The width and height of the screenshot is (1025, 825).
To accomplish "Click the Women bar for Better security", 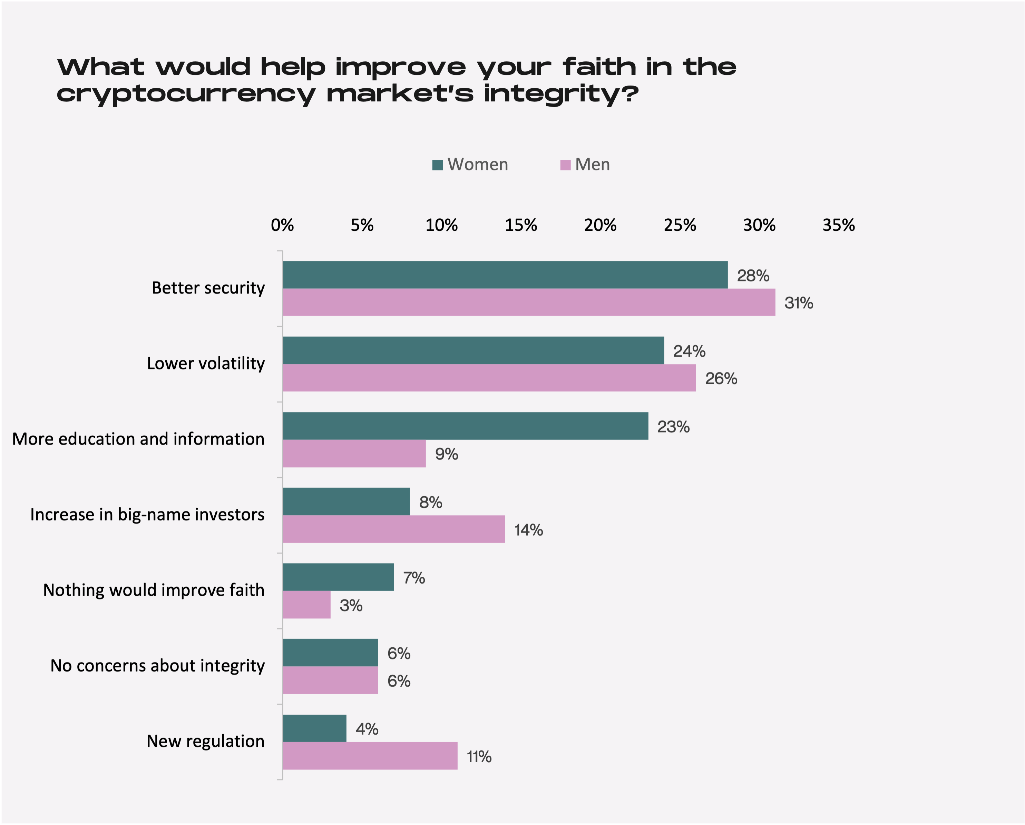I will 505,275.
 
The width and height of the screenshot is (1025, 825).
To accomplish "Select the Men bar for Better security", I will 529,302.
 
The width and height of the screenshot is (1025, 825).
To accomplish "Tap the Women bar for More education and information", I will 466,426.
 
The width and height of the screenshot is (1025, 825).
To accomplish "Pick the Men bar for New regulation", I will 370,756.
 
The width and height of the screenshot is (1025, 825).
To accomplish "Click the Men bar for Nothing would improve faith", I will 307,605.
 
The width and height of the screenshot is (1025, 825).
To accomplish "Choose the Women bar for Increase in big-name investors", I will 346,501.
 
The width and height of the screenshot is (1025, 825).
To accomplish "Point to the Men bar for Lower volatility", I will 489,378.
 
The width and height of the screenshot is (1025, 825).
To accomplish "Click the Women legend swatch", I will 437,165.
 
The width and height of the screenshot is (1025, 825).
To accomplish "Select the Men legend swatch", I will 565,165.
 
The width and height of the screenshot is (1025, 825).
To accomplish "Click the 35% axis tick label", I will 839,225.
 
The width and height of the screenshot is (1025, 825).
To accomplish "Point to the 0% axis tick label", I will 282,225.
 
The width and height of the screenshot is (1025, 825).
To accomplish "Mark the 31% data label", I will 799,303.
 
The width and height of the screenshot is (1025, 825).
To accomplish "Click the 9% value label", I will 447,454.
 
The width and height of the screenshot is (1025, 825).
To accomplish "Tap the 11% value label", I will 479,757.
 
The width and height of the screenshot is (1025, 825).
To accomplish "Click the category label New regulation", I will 205,741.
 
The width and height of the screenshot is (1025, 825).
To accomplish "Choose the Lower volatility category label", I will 205,363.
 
